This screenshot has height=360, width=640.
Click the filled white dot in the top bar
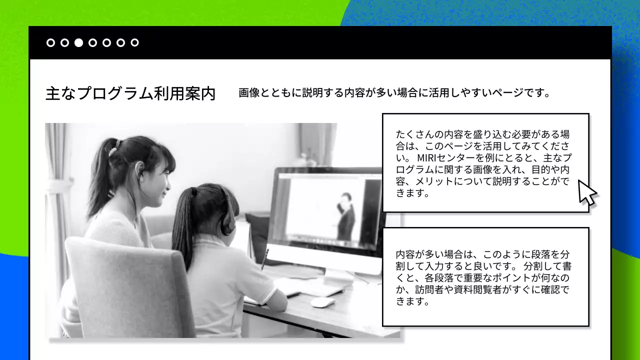(x=78, y=42)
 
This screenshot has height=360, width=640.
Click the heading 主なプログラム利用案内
(x=130, y=93)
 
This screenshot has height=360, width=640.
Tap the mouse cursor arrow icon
(x=587, y=192)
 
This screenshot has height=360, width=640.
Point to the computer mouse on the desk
(x=322, y=302)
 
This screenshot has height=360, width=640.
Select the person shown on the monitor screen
(x=345, y=215)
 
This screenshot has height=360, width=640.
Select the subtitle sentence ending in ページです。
(x=394, y=93)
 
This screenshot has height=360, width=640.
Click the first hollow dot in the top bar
(x=50, y=42)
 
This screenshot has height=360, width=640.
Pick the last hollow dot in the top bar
(x=134, y=42)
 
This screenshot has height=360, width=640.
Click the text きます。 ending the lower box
(x=413, y=301)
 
